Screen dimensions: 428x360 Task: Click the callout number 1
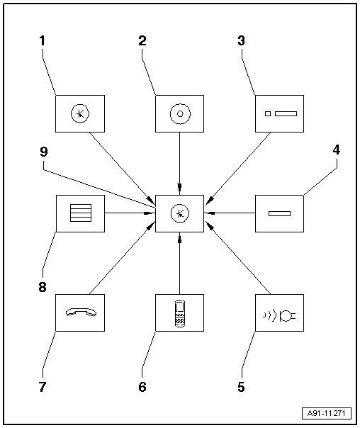click(42, 41)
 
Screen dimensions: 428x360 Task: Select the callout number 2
click(142, 41)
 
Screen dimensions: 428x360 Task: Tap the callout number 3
click(242, 41)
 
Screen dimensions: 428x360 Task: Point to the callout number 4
click(336, 151)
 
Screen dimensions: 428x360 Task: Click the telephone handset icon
click(80, 312)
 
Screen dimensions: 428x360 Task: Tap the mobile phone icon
click(180, 312)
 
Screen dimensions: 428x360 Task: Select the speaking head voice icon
click(279, 312)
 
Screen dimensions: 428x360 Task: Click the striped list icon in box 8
click(80, 213)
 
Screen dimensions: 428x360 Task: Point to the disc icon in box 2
click(180, 113)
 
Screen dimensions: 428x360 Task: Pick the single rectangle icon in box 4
click(279, 213)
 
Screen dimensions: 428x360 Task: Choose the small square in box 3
click(267, 113)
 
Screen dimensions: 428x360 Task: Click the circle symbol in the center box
click(180, 213)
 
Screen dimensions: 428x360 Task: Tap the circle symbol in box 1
click(80, 113)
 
